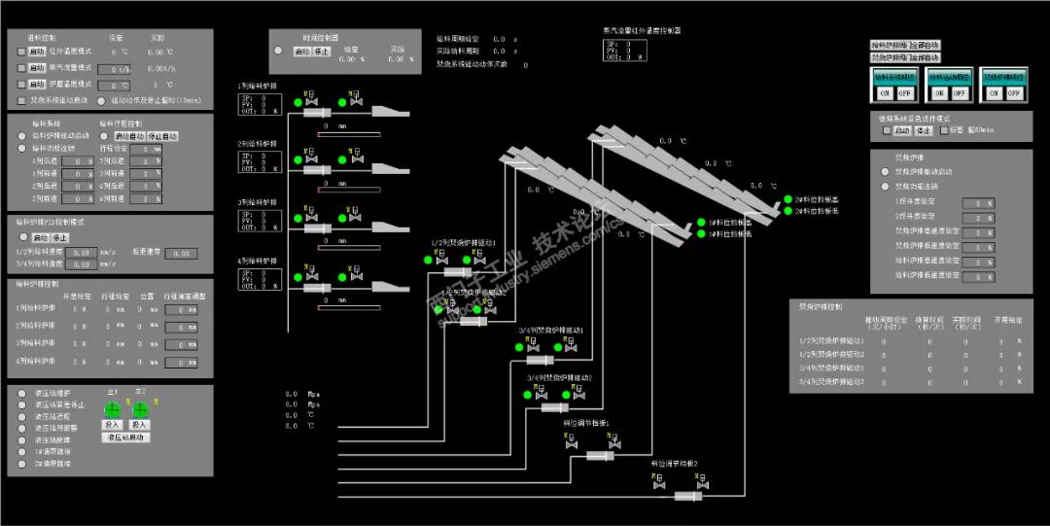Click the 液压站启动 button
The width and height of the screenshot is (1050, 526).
click(x=126, y=438)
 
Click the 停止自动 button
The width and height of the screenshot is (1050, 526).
click(x=161, y=136)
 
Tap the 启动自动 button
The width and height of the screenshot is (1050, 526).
click(x=129, y=136)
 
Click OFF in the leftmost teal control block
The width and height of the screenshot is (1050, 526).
click(x=905, y=93)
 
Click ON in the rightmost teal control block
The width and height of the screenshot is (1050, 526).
click(x=993, y=93)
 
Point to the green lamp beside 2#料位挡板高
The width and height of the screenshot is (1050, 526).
click(x=788, y=199)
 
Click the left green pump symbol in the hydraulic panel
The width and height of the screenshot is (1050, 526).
click(x=112, y=408)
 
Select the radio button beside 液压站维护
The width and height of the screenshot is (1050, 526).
click(x=22, y=393)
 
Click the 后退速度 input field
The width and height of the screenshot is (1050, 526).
click(x=180, y=254)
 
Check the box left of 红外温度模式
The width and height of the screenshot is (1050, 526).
click(x=21, y=52)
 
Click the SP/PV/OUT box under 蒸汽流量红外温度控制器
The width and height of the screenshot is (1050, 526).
click(x=622, y=51)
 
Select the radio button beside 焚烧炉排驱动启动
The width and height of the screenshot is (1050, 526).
click(x=885, y=172)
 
